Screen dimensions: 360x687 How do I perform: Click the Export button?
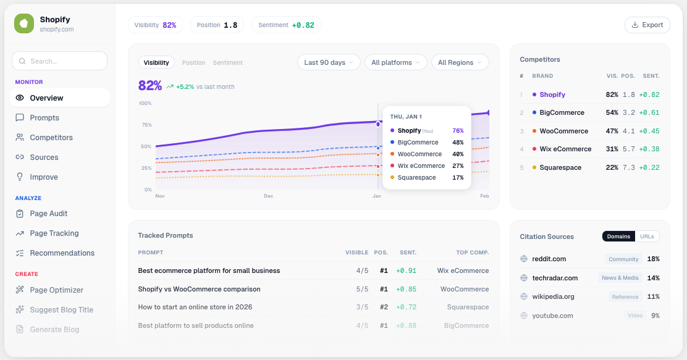647,25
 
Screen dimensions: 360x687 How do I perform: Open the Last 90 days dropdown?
329,62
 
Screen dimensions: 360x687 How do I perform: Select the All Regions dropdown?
460,62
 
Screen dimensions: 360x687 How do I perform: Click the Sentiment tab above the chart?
227,62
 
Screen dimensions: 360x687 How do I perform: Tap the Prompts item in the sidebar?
44,117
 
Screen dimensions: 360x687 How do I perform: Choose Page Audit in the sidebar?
49,214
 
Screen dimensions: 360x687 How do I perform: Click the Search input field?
59,61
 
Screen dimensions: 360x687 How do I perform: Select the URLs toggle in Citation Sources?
647,237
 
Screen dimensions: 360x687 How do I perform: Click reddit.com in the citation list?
549,259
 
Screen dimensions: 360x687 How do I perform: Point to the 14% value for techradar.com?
653,278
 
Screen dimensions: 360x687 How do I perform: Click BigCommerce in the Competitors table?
562,112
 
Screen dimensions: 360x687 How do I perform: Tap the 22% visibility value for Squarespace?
612,167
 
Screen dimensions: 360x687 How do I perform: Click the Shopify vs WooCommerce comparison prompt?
199,289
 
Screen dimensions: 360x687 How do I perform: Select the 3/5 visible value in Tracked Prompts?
362,307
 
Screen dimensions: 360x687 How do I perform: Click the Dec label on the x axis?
268,196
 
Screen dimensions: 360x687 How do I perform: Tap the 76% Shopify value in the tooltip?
458,130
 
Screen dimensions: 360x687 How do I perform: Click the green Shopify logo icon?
24,23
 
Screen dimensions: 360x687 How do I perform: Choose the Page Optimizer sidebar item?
56,290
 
